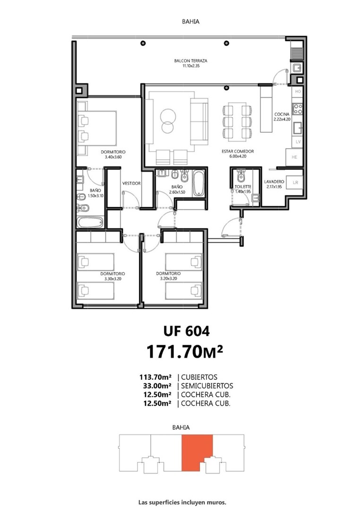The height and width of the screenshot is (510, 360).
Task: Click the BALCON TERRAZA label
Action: coord(190,61)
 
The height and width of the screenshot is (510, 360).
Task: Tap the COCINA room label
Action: coord(282,114)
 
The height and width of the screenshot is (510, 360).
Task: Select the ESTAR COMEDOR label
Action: coord(238,151)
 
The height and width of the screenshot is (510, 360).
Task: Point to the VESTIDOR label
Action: coord(131,183)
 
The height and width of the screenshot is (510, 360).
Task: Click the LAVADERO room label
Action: coord(274,182)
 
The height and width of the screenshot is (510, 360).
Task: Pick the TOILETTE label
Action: coord(243,187)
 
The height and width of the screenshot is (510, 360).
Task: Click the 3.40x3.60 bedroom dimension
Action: coord(113,157)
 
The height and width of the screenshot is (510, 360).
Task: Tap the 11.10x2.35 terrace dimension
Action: coord(191,66)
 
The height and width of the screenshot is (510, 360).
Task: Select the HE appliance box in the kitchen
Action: coord(295,157)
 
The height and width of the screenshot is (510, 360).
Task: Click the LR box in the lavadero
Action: coord(295,182)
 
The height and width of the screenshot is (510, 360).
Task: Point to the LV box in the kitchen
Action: coord(298,142)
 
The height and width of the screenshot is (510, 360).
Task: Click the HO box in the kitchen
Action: coord(298,92)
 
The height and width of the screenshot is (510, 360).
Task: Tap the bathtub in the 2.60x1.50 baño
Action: coord(198,183)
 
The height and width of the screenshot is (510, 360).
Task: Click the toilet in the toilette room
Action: coord(240,175)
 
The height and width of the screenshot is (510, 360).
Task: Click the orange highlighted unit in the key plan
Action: coord(197,452)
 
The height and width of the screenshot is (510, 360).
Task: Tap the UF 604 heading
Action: coord(187,331)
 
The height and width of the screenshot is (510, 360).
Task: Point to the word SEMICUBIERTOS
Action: coord(207,386)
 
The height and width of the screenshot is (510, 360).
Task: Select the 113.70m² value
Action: coord(155,377)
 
